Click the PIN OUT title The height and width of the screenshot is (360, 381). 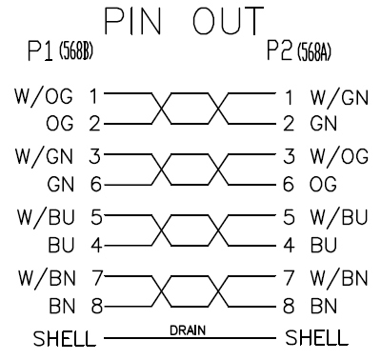coord(184,21)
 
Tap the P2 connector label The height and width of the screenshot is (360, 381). coord(279,50)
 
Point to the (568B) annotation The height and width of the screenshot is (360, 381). coord(76,50)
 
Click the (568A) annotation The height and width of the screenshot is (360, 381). coord(314,52)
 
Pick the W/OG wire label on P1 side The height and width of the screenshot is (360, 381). coord(44,96)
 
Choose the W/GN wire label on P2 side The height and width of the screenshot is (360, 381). coord(339,97)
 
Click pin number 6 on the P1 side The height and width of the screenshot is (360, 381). coord(96,185)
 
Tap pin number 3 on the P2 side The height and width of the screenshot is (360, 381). coord(289,156)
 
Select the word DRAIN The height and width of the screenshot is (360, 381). coord(188,330)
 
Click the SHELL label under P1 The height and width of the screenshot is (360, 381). coord(64,338)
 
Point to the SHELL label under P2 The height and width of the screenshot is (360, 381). coord(316,337)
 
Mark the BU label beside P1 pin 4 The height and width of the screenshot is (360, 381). coord(61,245)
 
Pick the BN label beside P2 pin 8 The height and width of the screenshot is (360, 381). coord(323,306)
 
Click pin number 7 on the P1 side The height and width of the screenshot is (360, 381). coord(96,277)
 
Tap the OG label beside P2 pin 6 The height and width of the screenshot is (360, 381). coord(323,184)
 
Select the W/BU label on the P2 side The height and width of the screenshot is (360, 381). coord(339,217)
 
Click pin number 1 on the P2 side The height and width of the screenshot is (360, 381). coord(289,97)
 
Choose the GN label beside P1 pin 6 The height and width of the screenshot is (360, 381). coord(61,185)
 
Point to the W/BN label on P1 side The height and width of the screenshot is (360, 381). coord(47,278)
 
